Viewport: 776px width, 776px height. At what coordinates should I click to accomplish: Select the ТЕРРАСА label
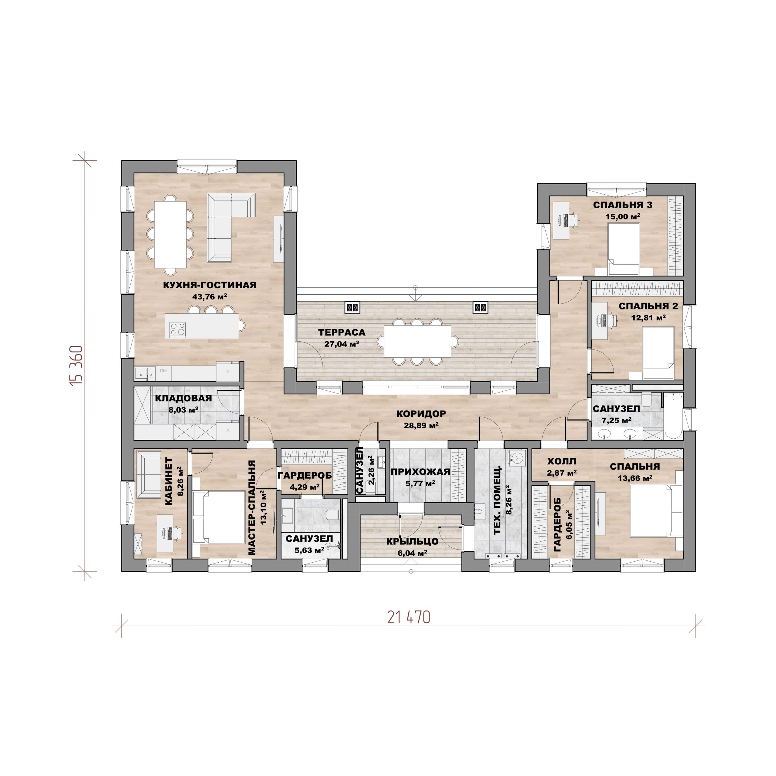click(x=342, y=332)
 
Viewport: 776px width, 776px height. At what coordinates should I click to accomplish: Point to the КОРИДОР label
click(x=421, y=414)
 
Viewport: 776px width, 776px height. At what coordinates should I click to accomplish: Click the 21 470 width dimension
click(x=409, y=617)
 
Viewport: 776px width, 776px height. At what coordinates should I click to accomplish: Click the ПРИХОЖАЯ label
click(x=420, y=472)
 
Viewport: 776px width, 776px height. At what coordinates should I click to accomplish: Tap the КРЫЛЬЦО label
click(x=412, y=541)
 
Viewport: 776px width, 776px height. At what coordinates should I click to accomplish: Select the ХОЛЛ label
click(x=561, y=461)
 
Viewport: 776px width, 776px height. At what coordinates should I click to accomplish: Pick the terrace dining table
click(x=417, y=341)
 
